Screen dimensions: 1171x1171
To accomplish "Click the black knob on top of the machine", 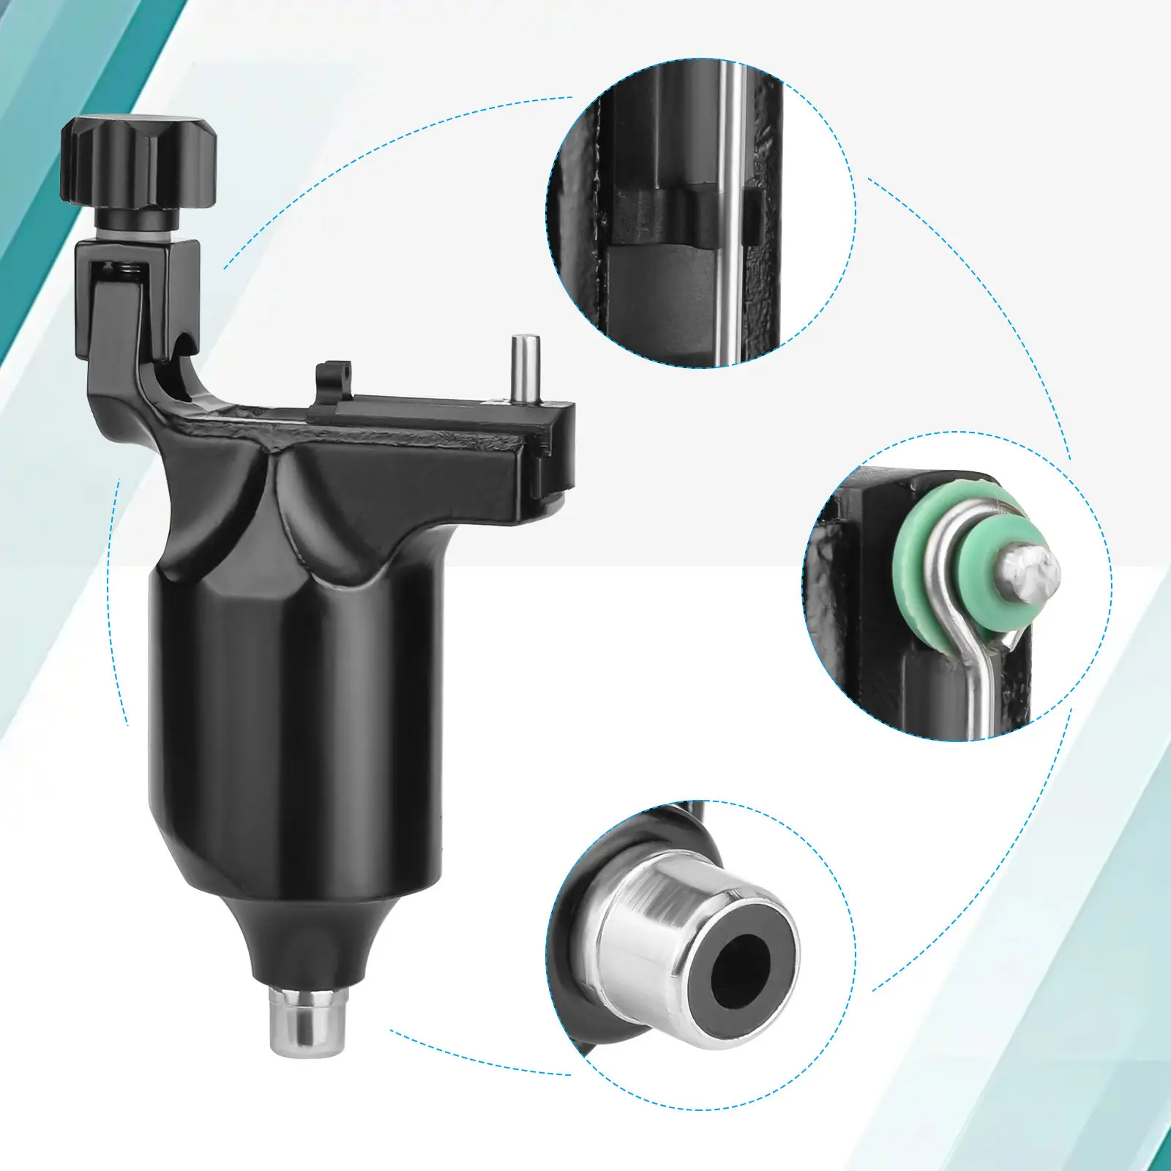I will [139, 162].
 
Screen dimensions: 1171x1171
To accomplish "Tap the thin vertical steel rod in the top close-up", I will [729, 220].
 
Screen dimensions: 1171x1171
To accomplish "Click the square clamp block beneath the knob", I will [139, 293].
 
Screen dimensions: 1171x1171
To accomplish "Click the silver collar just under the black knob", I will [139, 220].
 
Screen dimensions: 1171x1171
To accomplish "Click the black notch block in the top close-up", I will [659, 216].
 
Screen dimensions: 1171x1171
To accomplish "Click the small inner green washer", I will [981, 578].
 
